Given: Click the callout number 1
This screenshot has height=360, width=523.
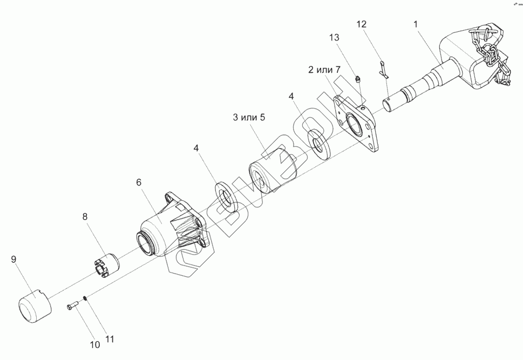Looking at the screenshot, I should pyautogui.click(x=416, y=24).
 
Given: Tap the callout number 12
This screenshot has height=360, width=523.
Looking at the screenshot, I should pyautogui.click(x=361, y=24).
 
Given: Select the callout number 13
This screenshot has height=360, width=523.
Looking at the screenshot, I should pyautogui.click(x=335, y=37).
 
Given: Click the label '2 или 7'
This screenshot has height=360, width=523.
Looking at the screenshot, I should pyautogui.click(x=324, y=70).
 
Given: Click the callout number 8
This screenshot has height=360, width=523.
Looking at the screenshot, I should pyautogui.click(x=85, y=216).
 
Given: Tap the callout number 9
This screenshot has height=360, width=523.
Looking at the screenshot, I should pyautogui.click(x=13, y=260).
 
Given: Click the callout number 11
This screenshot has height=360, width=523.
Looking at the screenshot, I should pyautogui.click(x=110, y=339).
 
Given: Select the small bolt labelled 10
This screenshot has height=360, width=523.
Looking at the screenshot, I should pyautogui.click(x=74, y=307).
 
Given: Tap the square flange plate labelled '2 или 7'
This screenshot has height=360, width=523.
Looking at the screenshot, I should pyautogui.click(x=356, y=125).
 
